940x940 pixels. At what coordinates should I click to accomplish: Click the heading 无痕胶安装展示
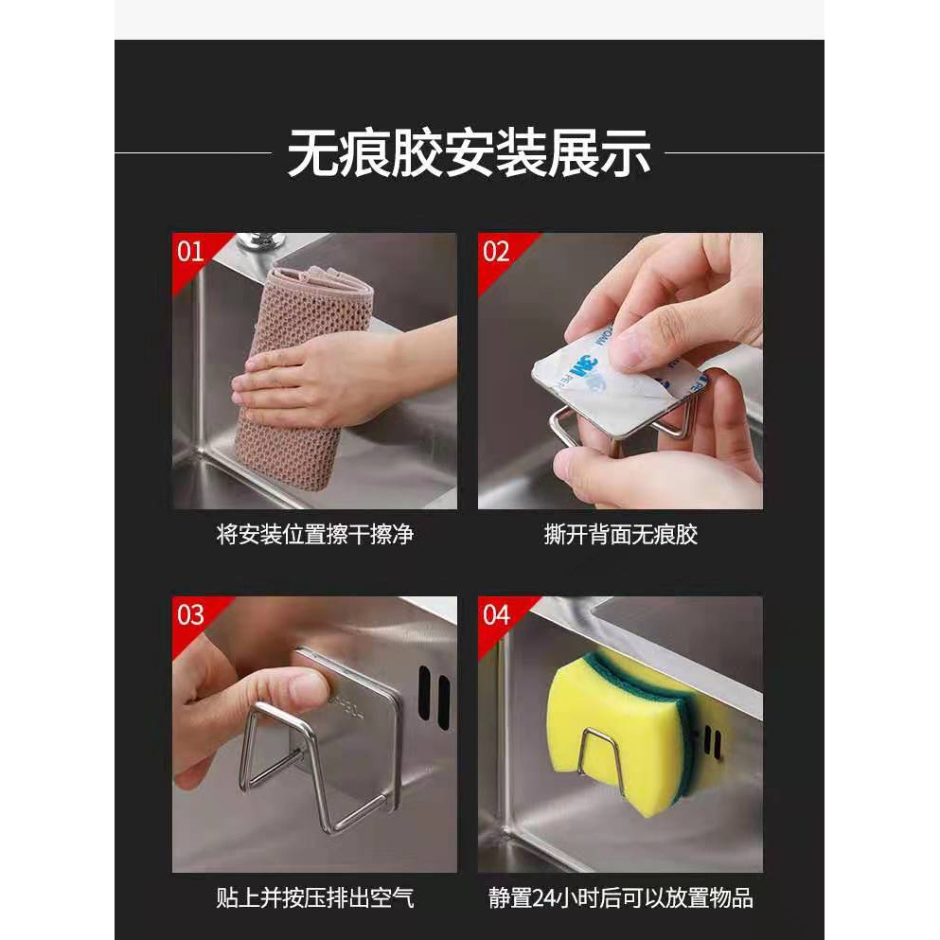click(469, 152)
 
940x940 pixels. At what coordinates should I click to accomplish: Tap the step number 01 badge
click(190, 252)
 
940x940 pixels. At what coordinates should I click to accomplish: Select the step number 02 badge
click(496, 252)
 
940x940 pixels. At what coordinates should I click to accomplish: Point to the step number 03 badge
click(190, 615)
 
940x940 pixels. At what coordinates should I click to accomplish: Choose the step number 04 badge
click(496, 615)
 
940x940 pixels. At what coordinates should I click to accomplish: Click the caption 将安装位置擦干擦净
click(314, 534)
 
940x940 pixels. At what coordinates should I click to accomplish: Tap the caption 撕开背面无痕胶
click(620, 534)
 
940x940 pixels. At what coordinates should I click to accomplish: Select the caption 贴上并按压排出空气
click(314, 897)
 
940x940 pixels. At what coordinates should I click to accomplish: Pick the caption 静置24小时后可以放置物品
click(620, 897)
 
